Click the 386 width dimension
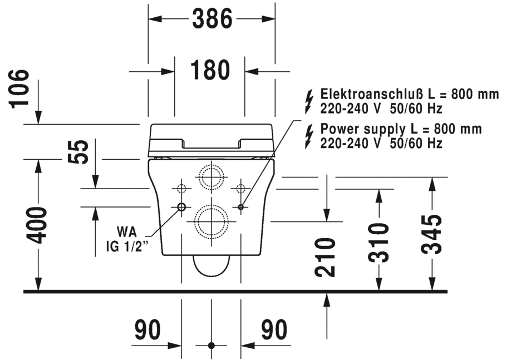click(212, 19)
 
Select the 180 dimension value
click(210, 71)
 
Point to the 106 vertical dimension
click(20, 87)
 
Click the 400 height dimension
click(38, 225)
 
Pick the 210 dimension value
click(326, 257)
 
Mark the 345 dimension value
click(433, 234)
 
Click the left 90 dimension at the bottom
click(148, 329)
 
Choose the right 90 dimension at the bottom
click(274, 329)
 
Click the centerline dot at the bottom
click(211, 346)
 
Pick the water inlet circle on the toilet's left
click(181, 207)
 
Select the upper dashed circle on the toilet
click(211, 177)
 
